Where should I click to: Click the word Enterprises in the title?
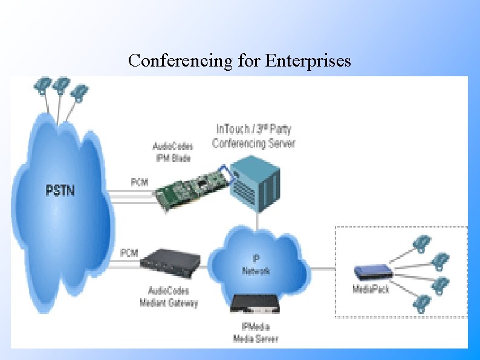pos(309,61)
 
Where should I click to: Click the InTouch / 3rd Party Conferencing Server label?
pos(253,136)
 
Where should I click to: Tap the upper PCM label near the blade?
pos(140,182)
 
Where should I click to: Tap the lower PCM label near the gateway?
pos(129,252)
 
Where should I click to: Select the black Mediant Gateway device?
pos(171,261)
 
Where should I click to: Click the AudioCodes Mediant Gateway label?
pos(169,296)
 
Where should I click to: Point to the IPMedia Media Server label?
pos(255,333)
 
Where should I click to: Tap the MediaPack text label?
pos(371,289)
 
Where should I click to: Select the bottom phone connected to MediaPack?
pos(421,302)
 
